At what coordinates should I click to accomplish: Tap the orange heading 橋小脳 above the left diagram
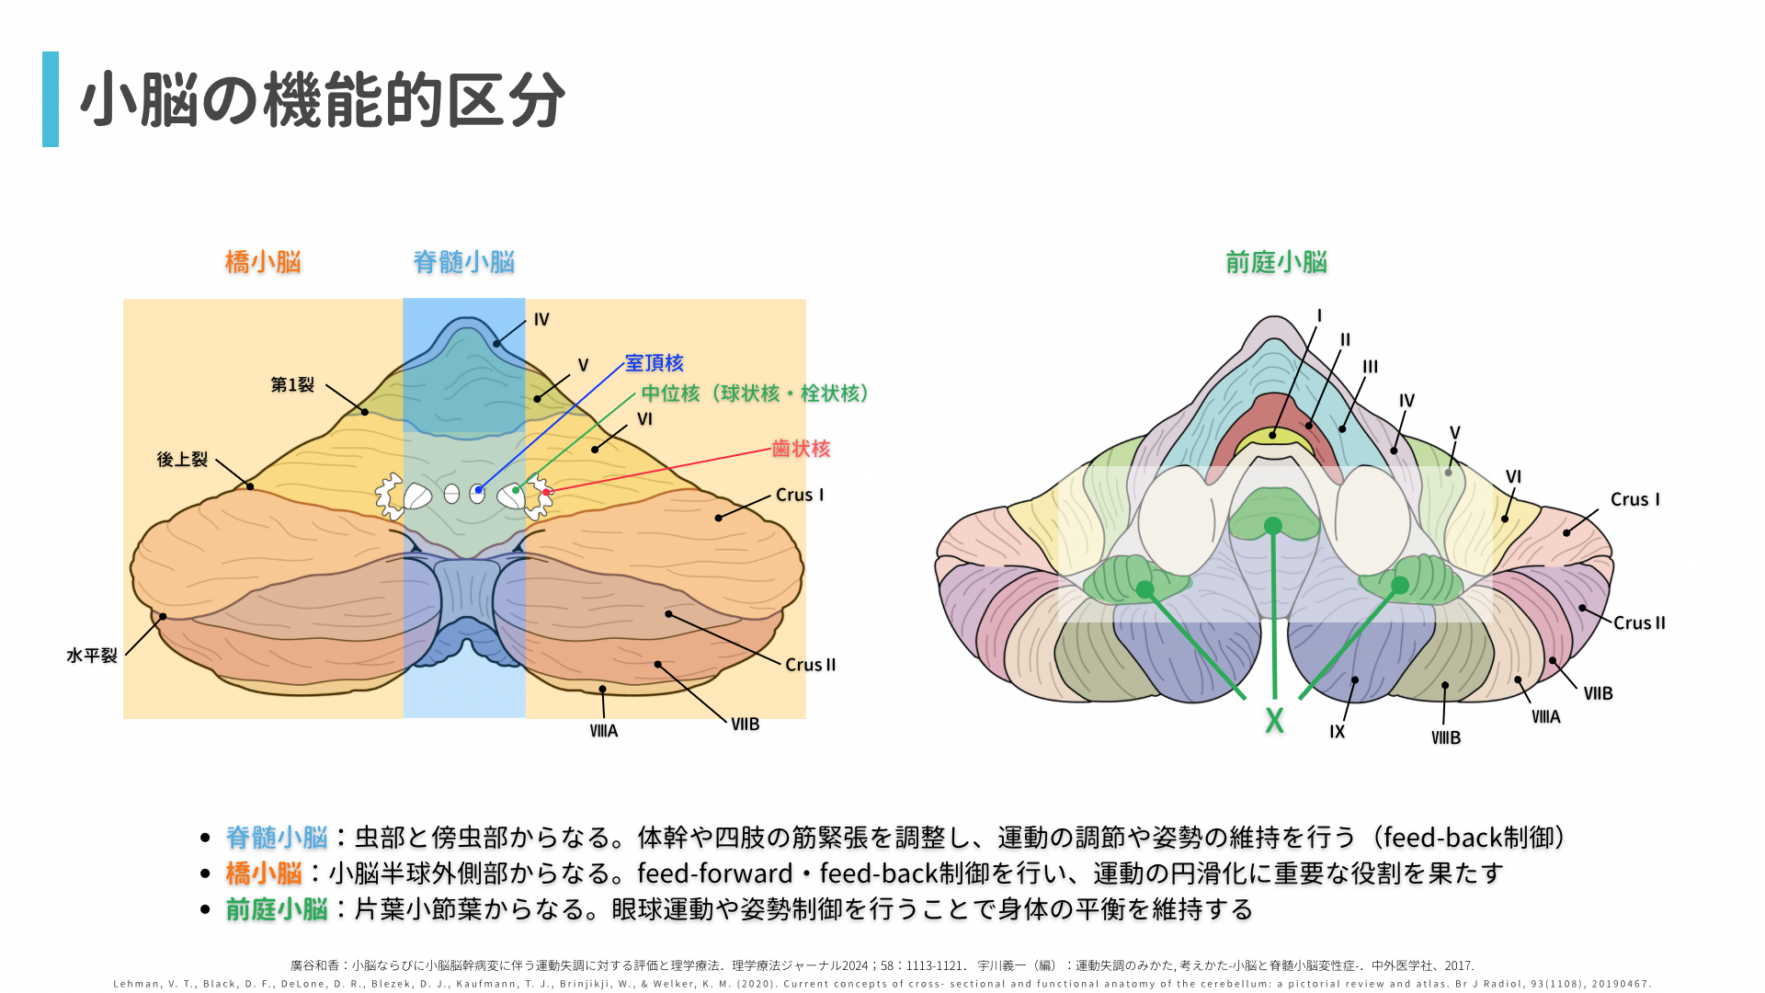[x=263, y=262]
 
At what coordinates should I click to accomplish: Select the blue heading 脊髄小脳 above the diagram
[x=463, y=262]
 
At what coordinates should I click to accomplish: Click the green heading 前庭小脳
[x=1276, y=262]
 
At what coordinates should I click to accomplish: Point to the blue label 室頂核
[x=654, y=363]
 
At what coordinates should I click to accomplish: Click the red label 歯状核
[x=801, y=449]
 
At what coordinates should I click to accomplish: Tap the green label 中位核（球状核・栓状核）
[x=755, y=394]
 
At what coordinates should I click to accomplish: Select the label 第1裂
[x=292, y=384]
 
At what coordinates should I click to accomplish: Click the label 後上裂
[x=182, y=459]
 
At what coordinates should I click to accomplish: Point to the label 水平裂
[x=92, y=656]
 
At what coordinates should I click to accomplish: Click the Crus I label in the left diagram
[x=799, y=495]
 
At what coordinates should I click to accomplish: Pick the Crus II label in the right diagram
[x=1639, y=622]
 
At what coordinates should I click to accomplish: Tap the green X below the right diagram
[x=1274, y=720]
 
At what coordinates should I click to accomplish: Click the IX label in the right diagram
[x=1337, y=732]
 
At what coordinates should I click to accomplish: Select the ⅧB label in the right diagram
[x=1445, y=737]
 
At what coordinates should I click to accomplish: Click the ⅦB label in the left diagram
[x=745, y=725]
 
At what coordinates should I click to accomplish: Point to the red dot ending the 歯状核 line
[x=546, y=492]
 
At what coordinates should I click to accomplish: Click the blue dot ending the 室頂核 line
[x=479, y=490]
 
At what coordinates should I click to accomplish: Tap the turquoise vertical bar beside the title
[x=51, y=99]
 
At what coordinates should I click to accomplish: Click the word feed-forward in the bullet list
[x=714, y=873]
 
